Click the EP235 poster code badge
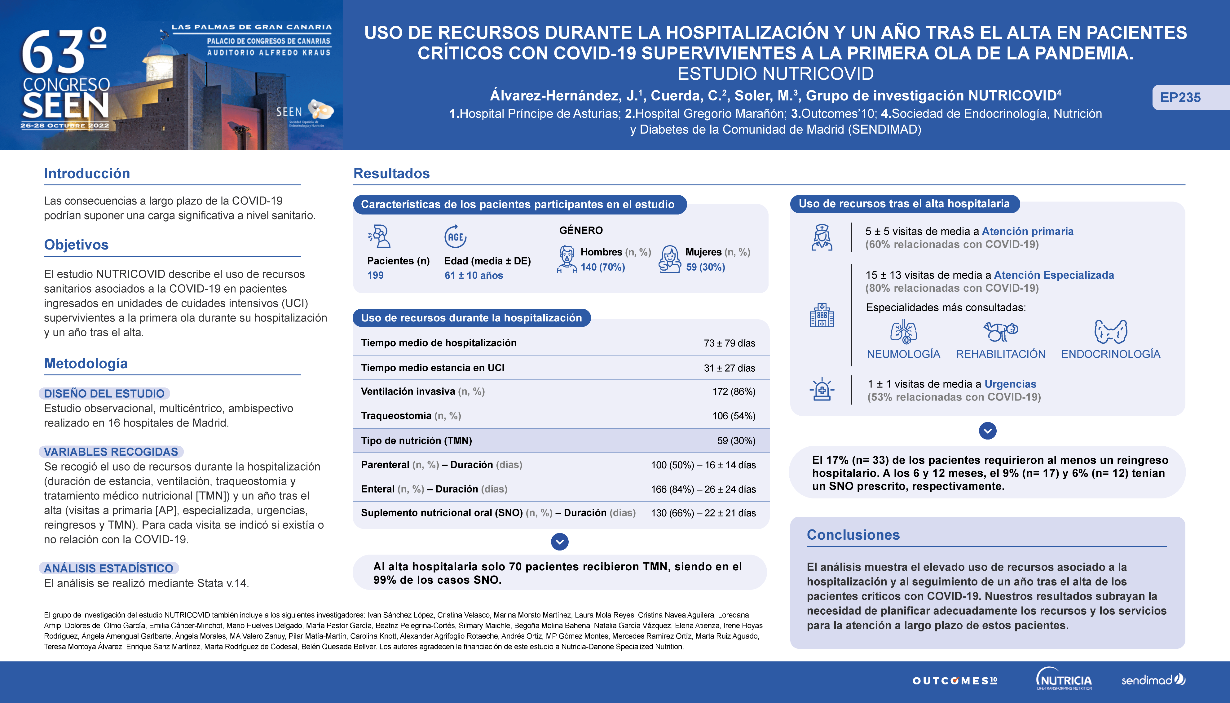click(1180, 98)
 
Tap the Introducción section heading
click(87, 173)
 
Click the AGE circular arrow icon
click(455, 237)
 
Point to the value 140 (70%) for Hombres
click(602, 267)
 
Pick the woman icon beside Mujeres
click(670, 259)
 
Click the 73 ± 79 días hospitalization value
click(729, 343)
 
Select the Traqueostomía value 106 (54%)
click(733, 416)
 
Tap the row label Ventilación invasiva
click(408, 391)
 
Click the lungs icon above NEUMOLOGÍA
click(903, 332)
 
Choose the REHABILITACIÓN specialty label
click(1000, 354)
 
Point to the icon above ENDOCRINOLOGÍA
click(1110, 332)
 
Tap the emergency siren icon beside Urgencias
click(822, 389)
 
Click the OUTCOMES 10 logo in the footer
click(954, 681)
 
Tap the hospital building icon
click(822, 315)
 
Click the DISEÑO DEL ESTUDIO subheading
click(104, 394)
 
